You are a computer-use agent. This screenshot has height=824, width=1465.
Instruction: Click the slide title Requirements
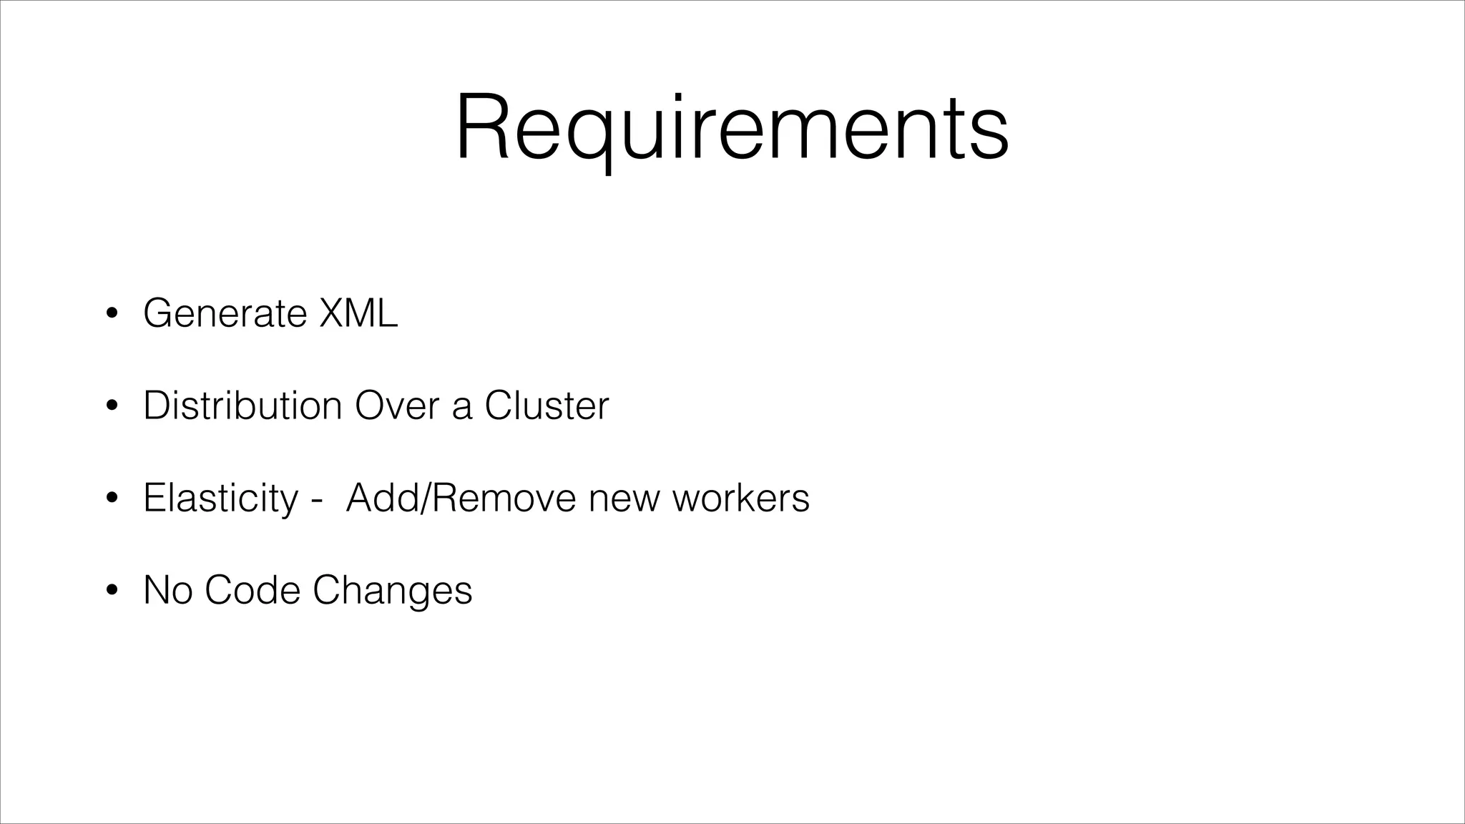pyautogui.click(x=732, y=129)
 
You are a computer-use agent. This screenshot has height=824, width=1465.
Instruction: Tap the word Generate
pyautogui.click(x=225, y=313)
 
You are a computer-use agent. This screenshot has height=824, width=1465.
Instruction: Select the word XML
pyautogui.click(x=358, y=313)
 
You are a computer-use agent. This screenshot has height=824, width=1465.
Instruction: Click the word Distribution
pyautogui.click(x=242, y=406)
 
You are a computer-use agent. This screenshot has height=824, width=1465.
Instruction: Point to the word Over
pyautogui.click(x=396, y=406)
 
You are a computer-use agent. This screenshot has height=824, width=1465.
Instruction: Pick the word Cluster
pyautogui.click(x=547, y=406)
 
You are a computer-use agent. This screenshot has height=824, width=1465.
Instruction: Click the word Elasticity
pyautogui.click(x=220, y=498)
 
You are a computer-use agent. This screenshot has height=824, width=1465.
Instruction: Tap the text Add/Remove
pyautogui.click(x=461, y=498)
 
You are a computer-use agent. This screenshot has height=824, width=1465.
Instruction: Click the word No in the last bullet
pyautogui.click(x=167, y=590)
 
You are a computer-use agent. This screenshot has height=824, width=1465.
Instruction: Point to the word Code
pyautogui.click(x=252, y=590)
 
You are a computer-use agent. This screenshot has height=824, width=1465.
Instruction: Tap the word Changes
pyautogui.click(x=392, y=592)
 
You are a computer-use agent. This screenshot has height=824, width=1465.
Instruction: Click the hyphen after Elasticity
pyautogui.click(x=316, y=501)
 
